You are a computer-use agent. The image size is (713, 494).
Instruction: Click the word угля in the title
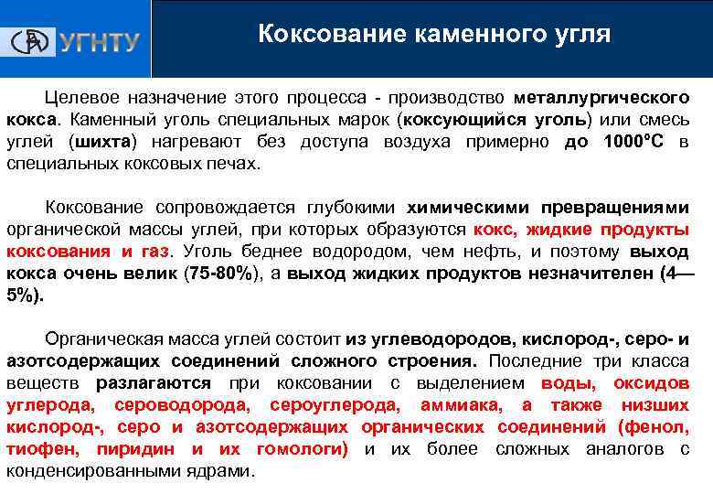point(575,35)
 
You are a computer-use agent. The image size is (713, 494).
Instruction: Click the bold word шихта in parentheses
point(100,142)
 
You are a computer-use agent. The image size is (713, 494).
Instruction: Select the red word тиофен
point(37,449)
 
